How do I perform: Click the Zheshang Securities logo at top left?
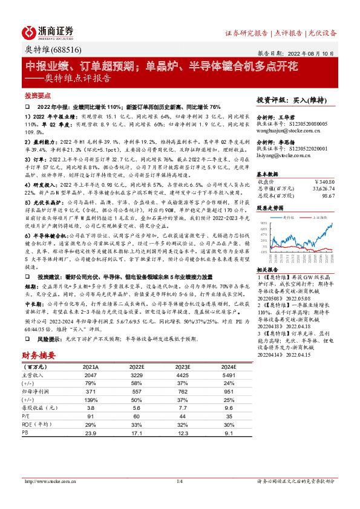point(48,32)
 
